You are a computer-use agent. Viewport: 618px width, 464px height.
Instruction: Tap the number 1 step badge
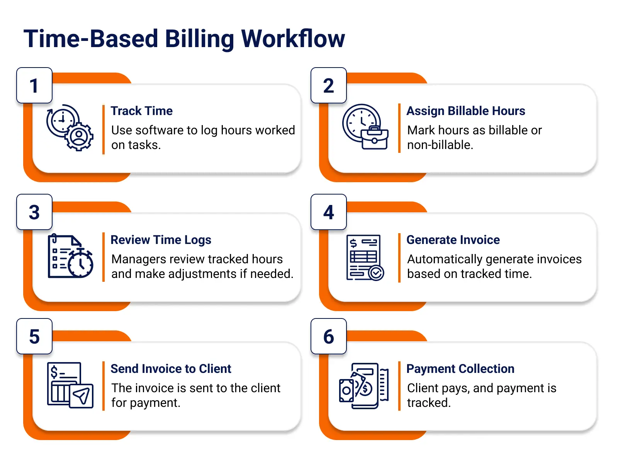(34, 85)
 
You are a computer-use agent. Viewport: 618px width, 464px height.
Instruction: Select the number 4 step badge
(329, 212)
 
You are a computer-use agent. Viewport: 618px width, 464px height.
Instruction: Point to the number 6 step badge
(329, 336)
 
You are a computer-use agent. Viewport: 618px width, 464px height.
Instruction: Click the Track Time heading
(142, 111)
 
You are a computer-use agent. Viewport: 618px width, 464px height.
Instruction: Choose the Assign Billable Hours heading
(466, 111)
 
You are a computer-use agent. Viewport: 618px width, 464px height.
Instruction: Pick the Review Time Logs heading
(161, 240)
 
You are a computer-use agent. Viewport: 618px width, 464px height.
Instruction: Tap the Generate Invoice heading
(453, 240)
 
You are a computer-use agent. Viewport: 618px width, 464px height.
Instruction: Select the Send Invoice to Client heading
(171, 369)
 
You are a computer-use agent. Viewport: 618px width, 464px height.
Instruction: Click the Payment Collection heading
(460, 369)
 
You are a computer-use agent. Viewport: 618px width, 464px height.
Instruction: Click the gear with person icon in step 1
(79, 137)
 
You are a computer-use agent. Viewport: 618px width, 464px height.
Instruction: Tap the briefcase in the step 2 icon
(375, 138)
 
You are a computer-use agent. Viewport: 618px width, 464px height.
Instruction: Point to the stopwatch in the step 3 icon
(80, 263)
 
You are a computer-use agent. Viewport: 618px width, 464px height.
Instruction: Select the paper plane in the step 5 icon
(81, 396)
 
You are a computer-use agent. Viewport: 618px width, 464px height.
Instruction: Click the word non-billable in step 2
(440, 145)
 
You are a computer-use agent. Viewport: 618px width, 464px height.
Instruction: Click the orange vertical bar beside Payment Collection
(399, 386)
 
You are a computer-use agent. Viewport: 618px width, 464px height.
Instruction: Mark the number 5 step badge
(34, 336)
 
